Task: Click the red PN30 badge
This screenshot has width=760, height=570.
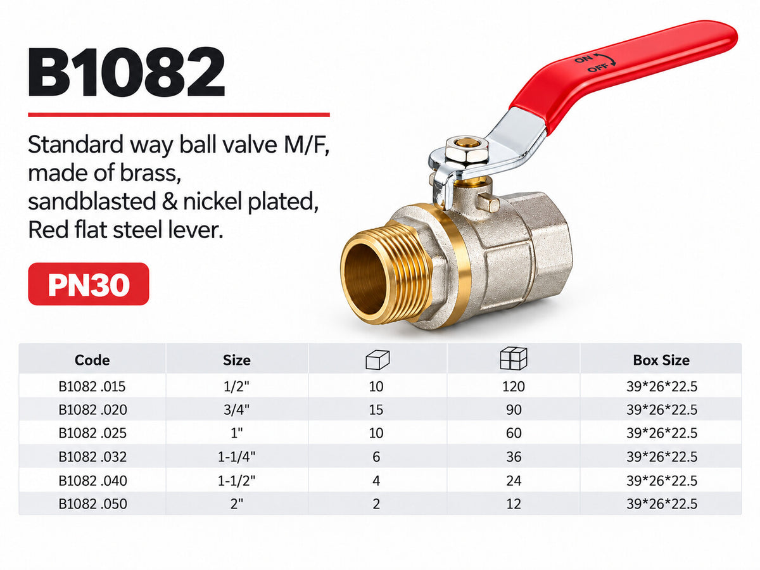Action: click(x=89, y=284)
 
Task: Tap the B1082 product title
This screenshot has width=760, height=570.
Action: click(x=127, y=72)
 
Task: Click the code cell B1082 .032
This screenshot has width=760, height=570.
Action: click(x=92, y=457)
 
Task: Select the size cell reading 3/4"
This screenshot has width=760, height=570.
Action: click(x=236, y=410)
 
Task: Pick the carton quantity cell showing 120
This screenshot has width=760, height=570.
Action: click(x=514, y=386)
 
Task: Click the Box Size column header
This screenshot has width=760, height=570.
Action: click(x=661, y=360)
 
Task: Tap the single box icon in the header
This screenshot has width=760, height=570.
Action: click(x=377, y=360)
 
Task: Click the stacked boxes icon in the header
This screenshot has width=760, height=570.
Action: click(x=514, y=358)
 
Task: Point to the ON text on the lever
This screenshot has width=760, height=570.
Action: click(x=584, y=58)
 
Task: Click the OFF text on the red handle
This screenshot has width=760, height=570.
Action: click(x=598, y=68)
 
